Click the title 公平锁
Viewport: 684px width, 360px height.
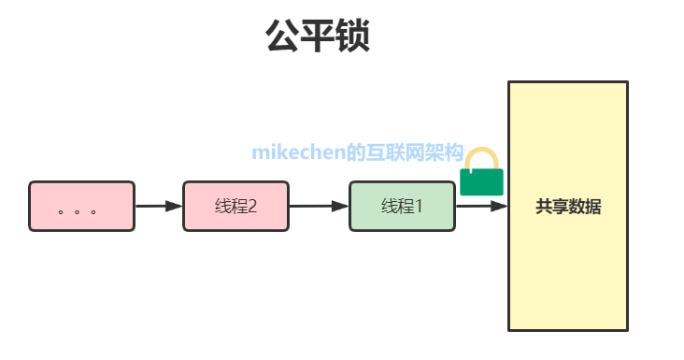tap(318, 36)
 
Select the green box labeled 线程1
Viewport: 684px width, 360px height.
tap(402, 207)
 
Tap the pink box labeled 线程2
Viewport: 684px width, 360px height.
tap(236, 207)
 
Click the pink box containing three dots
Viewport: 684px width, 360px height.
tap(82, 207)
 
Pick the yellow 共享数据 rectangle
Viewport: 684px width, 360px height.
tap(568, 206)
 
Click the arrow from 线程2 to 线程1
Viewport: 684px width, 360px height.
tap(319, 206)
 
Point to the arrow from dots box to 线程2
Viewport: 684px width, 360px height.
tap(159, 206)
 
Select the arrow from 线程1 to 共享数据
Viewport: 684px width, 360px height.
tap(481, 206)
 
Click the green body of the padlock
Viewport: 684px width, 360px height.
tap(481, 182)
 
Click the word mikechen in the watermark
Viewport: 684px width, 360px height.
tap(298, 152)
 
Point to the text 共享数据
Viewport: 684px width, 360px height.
tap(568, 207)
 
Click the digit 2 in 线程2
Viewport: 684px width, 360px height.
tap(252, 207)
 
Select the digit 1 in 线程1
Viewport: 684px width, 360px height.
tap(419, 207)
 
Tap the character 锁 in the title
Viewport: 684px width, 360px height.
tap(353, 36)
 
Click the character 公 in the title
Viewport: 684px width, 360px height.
tap(283, 36)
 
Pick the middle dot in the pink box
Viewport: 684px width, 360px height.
tap(78, 212)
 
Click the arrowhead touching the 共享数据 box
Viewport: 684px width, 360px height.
tap(499, 206)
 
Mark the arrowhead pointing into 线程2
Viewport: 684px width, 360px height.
tap(174, 206)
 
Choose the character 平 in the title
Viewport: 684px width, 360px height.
tap(318, 36)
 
